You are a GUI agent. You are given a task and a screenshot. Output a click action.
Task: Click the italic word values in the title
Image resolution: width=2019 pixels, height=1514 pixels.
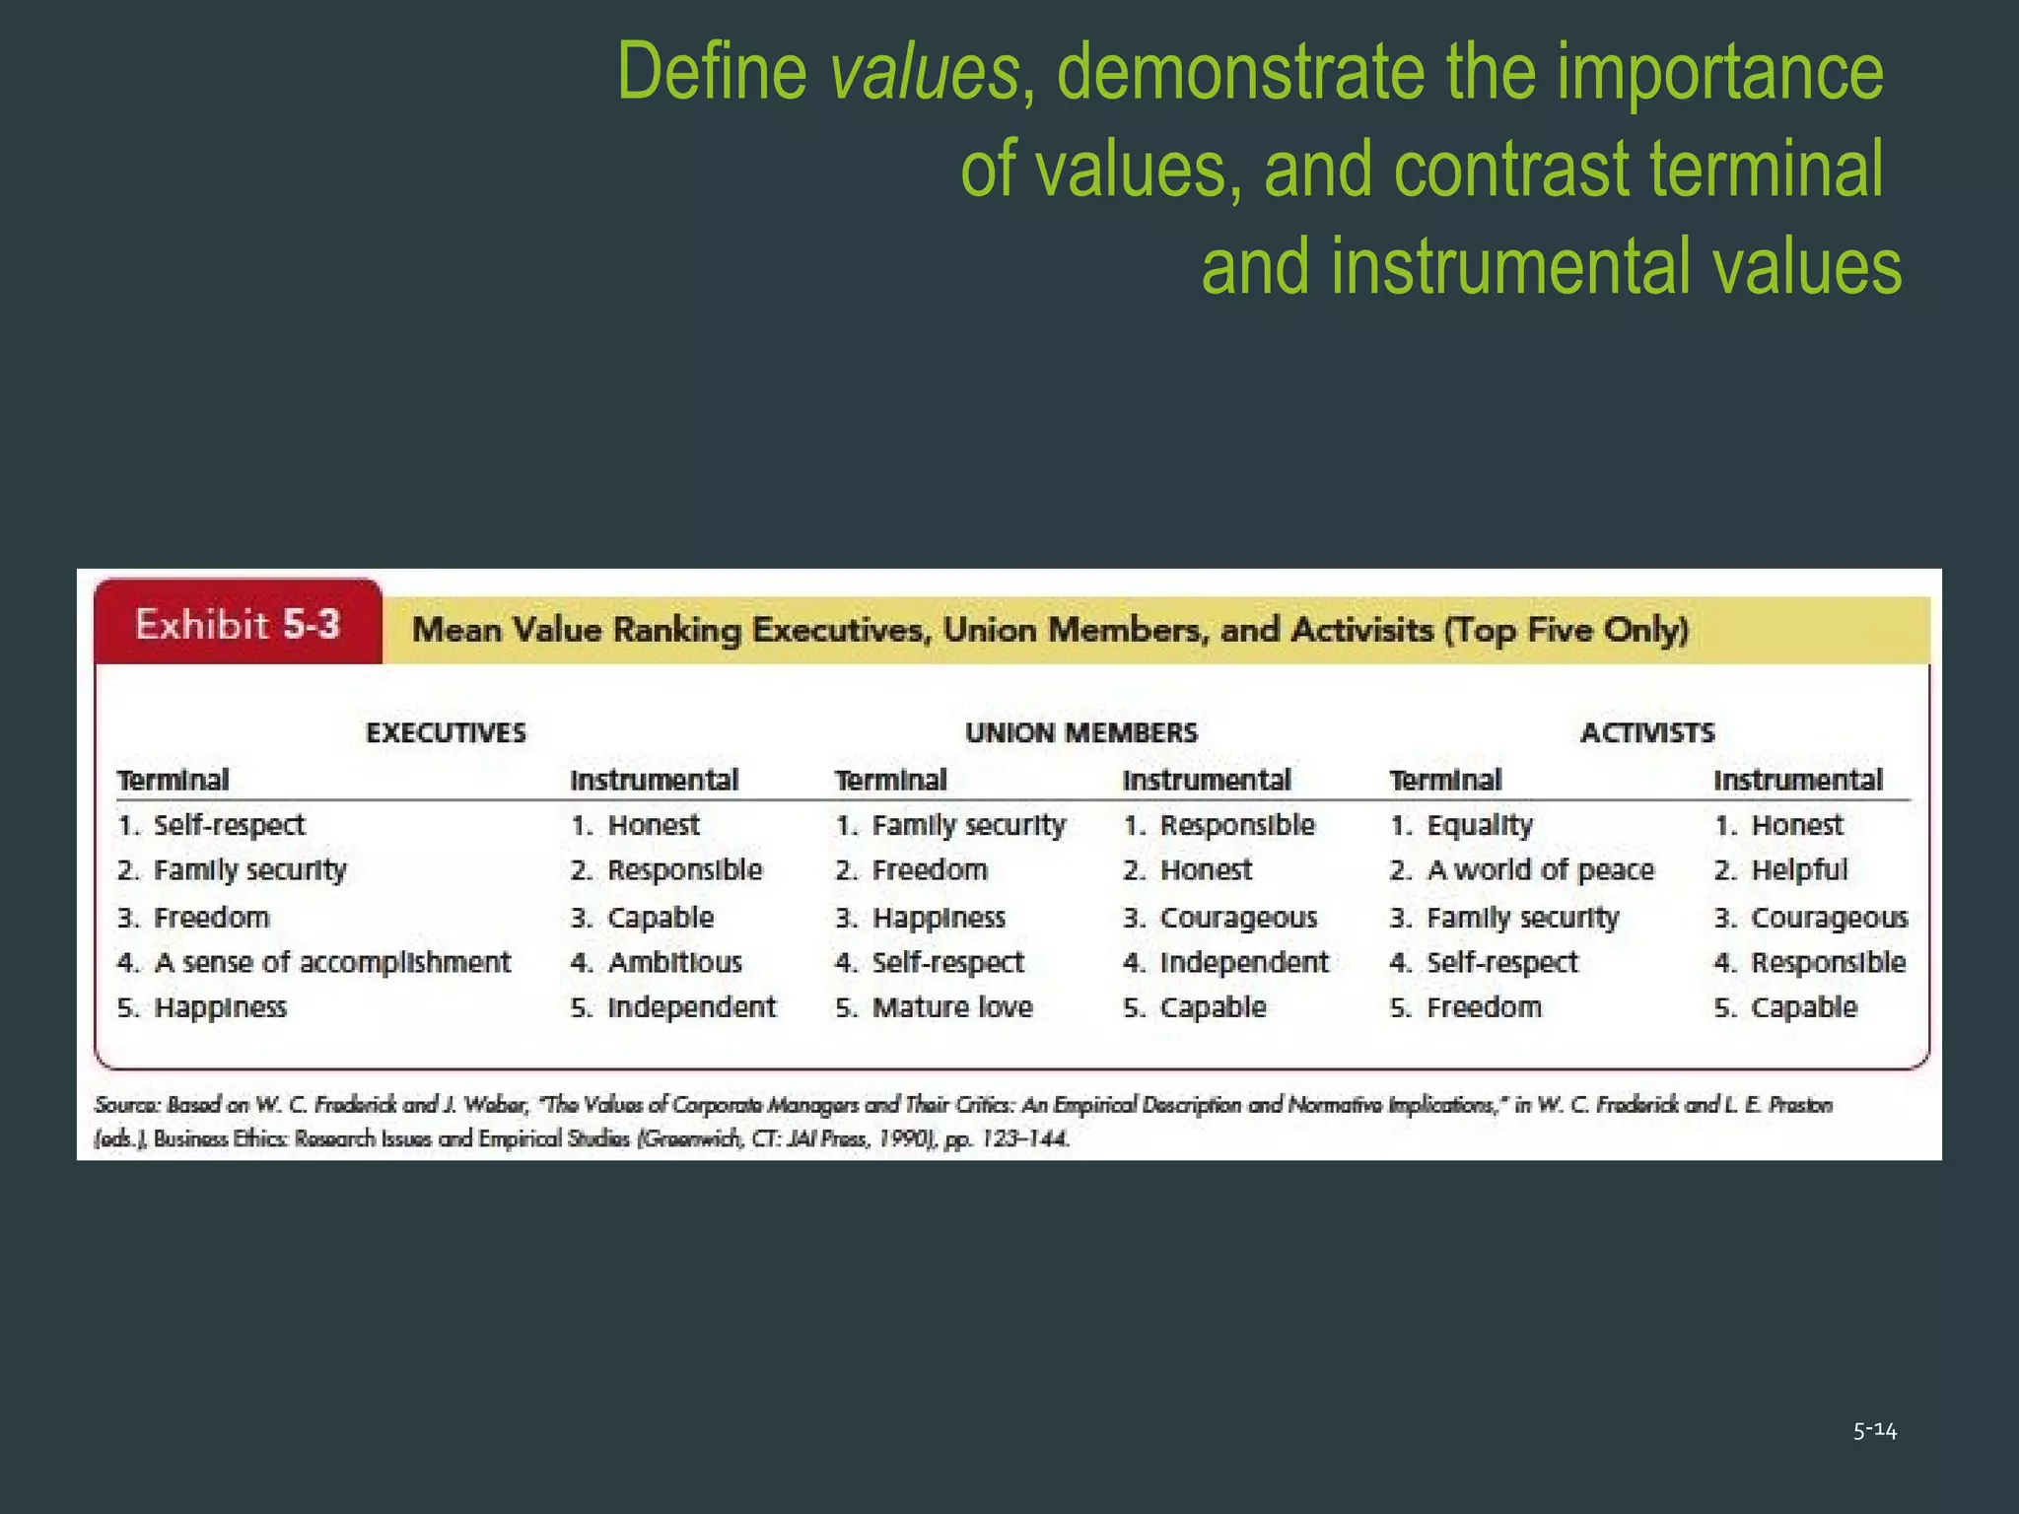(x=924, y=74)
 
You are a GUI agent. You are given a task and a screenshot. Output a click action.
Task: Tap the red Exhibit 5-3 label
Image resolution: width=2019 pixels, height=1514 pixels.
(x=238, y=625)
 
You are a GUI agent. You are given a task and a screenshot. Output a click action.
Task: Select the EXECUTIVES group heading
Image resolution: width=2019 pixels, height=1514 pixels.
(x=446, y=732)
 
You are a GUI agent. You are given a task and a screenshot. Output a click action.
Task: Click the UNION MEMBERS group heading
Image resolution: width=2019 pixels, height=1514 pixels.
(x=1080, y=732)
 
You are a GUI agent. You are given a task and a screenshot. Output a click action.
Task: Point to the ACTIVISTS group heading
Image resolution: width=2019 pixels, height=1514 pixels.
(x=1647, y=732)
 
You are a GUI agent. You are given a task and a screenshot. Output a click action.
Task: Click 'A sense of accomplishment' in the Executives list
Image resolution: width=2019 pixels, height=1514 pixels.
(x=332, y=962)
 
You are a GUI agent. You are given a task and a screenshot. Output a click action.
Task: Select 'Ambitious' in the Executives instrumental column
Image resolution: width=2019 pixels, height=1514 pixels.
(x=674, y=962)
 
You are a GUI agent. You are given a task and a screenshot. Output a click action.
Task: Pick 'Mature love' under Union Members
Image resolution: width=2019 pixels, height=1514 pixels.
(x=951, y=1007)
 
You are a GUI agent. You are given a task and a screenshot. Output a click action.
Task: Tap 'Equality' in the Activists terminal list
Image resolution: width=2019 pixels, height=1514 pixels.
(x=1479, y=825)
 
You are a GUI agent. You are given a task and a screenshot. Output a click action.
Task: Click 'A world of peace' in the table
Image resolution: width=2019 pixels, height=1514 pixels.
(x=1540, y=870)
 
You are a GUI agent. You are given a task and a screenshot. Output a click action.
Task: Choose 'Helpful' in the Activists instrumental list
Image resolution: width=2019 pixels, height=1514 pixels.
(x=1798, y=870)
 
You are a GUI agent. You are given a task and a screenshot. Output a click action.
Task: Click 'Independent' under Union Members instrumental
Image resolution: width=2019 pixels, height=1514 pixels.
(x=1243, y=962)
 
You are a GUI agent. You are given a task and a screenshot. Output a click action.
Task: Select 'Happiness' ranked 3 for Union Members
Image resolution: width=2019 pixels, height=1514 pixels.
(x=938, y=918)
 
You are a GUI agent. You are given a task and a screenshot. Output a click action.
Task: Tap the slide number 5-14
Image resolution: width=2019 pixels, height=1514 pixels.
(x=1874, y=1430)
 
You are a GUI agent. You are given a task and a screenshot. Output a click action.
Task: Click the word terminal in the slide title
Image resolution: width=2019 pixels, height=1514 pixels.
(x=1766, y=170)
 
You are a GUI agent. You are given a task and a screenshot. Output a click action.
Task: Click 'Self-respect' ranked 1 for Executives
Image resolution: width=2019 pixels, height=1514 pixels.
(x=229, y=825)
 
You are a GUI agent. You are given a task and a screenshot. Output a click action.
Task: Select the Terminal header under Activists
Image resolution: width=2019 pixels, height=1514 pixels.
(x=1445, y=781)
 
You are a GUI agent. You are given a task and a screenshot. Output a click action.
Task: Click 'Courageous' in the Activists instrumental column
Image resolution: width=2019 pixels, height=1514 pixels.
(x=1829, y=918)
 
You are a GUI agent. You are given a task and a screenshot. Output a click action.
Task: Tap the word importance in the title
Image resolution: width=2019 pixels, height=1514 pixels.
(x=1719, y=74)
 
